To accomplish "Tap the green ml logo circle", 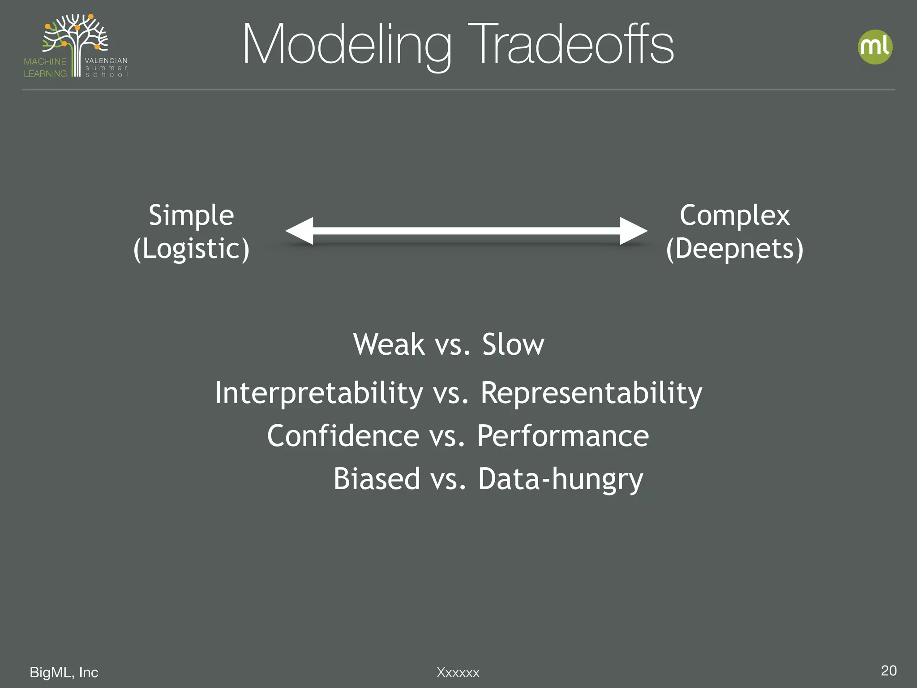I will [875, 47].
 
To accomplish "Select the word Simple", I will [191, 216].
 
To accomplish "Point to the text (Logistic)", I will [191, 249].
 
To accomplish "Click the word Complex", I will [734, 216].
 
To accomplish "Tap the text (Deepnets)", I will [734, 249].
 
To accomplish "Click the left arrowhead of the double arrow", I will [299, 231].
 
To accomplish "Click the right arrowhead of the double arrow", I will [633, 231].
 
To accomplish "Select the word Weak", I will [389, 345].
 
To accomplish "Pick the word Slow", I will [513, 345].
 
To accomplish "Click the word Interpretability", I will [318, 393].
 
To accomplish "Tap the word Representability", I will [591, 393].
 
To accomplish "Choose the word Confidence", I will [343, 436].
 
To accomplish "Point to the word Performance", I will [562, 436].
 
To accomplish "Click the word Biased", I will [377, 479].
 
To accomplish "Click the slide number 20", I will [888, 671].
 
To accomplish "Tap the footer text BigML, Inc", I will [64, 672].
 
